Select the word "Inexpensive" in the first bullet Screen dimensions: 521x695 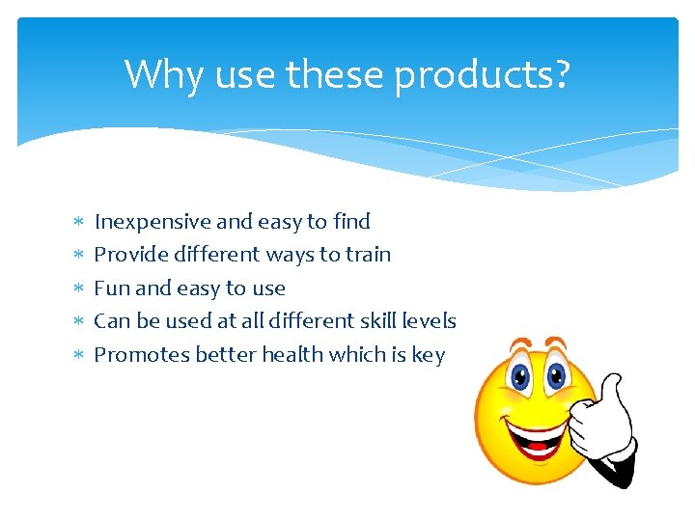[x=153, y=222]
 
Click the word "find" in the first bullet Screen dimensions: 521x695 [x=351, y=222]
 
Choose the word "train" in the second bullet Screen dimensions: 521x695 [x=369, y=255]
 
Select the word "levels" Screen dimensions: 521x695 [x=431, y=321]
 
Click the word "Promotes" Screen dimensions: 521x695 [x=141, y=355]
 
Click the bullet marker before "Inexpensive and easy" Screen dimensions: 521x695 [x=78, y=223]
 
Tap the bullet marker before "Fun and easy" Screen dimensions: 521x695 [x=78, y=289]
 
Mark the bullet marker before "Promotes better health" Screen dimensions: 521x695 [x=78, y=356]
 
